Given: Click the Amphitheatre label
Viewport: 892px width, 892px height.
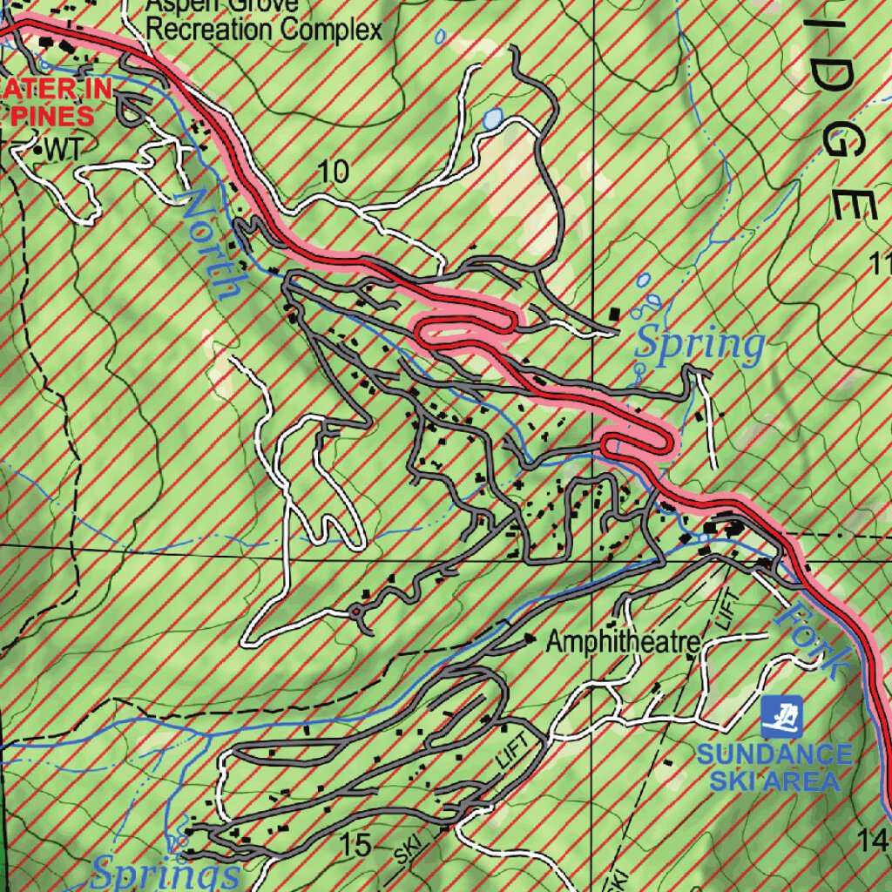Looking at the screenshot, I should (623, 643).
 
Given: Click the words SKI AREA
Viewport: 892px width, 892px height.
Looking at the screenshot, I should (774, 780).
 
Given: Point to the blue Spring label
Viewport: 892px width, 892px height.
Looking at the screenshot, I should (699, 345).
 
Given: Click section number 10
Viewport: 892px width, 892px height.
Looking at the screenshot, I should (333, 172).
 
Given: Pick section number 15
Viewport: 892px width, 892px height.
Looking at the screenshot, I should (356, 844).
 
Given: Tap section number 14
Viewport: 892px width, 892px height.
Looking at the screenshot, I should (873, 840).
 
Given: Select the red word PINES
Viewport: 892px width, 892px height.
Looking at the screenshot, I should (52, 116).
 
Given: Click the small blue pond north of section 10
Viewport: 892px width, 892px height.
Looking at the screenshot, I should (493, 118).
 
